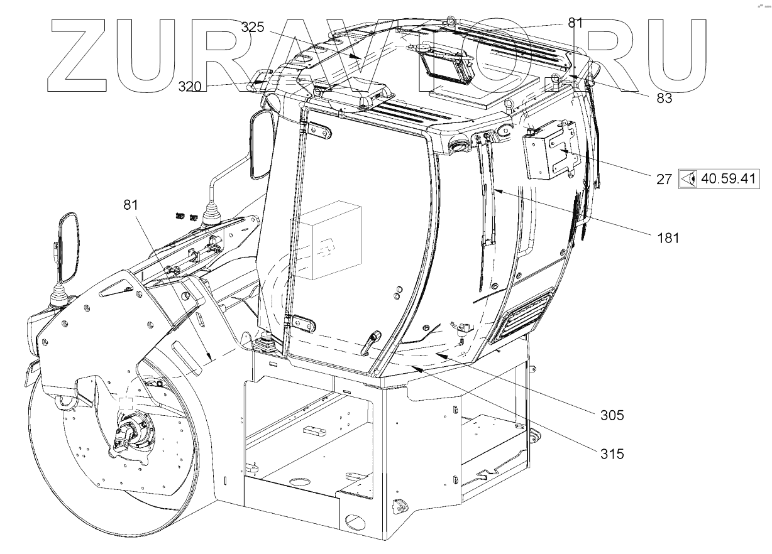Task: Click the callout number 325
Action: pos(254,28)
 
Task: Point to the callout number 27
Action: pos(664,178)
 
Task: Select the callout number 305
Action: pos(611,415)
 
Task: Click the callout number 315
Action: pos(611,453)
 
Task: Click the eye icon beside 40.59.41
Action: pos(689,178)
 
